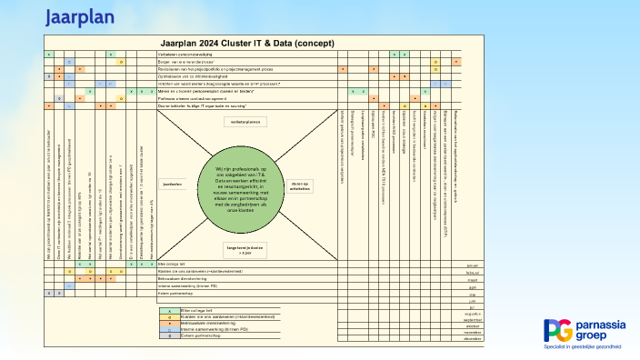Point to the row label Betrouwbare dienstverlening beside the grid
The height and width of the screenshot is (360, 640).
point(183,278)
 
